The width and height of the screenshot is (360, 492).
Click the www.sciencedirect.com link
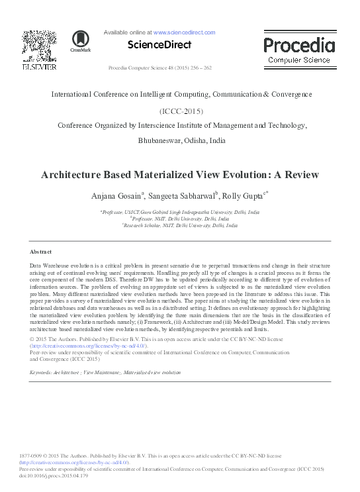click(185, 32)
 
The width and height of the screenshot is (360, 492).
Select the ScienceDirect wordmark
click(159, 45)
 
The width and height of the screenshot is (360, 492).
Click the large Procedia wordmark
click(298, 45)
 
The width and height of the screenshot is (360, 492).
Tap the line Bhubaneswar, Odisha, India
click(181, 140)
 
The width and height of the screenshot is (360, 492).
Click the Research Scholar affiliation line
click(179, 226)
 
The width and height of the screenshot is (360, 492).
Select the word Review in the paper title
click(300, 175)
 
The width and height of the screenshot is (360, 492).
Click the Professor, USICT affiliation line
click(179, 213)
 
